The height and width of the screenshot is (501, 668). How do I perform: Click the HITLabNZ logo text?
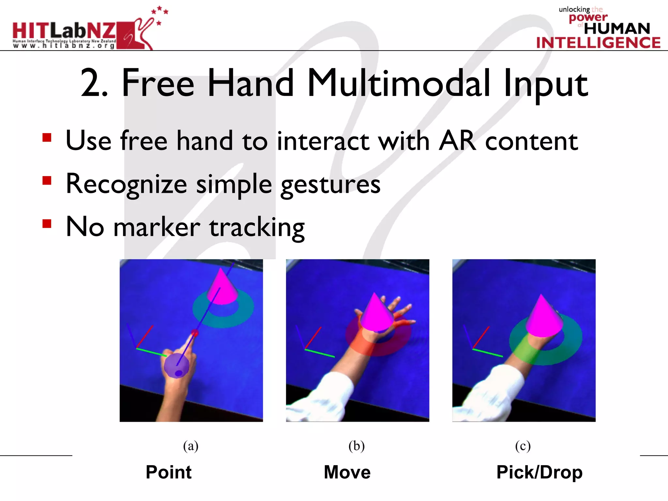64,31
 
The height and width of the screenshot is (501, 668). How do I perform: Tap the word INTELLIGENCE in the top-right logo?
598,43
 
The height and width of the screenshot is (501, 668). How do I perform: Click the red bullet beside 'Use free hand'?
47,138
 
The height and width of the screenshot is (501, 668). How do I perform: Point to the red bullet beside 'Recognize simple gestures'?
47,180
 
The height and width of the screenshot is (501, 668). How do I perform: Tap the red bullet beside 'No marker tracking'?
47,224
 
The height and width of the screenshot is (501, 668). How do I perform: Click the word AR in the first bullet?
457,141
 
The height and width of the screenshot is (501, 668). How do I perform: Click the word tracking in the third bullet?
257,227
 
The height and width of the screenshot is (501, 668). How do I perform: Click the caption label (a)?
190,446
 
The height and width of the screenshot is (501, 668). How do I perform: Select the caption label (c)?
523,446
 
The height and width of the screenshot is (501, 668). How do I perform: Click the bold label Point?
169,472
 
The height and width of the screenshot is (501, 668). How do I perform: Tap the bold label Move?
347,472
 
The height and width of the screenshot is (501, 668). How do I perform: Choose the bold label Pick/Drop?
539,472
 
